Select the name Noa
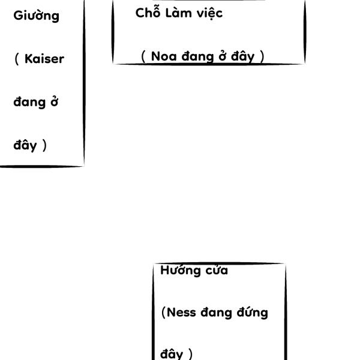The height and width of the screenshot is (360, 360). pos(163,56)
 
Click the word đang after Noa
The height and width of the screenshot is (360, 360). pos(196,57)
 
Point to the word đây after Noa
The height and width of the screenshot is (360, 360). pos(246,57)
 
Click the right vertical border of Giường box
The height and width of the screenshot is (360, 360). pos(84,84)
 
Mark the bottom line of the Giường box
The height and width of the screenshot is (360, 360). pos(42,166)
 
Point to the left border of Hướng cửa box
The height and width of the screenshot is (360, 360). pos(153,312)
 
